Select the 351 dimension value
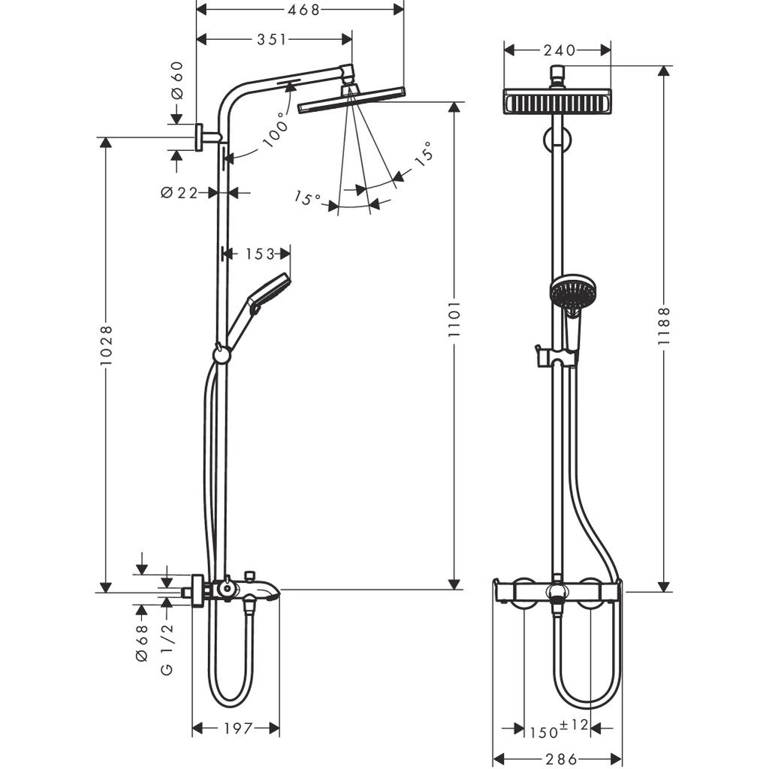271,39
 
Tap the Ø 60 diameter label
177,81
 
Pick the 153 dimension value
260,254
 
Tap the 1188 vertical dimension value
664,326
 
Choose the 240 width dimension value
560,50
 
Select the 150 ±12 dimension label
556,728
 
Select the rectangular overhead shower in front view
557,101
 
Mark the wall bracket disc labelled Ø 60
200,137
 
